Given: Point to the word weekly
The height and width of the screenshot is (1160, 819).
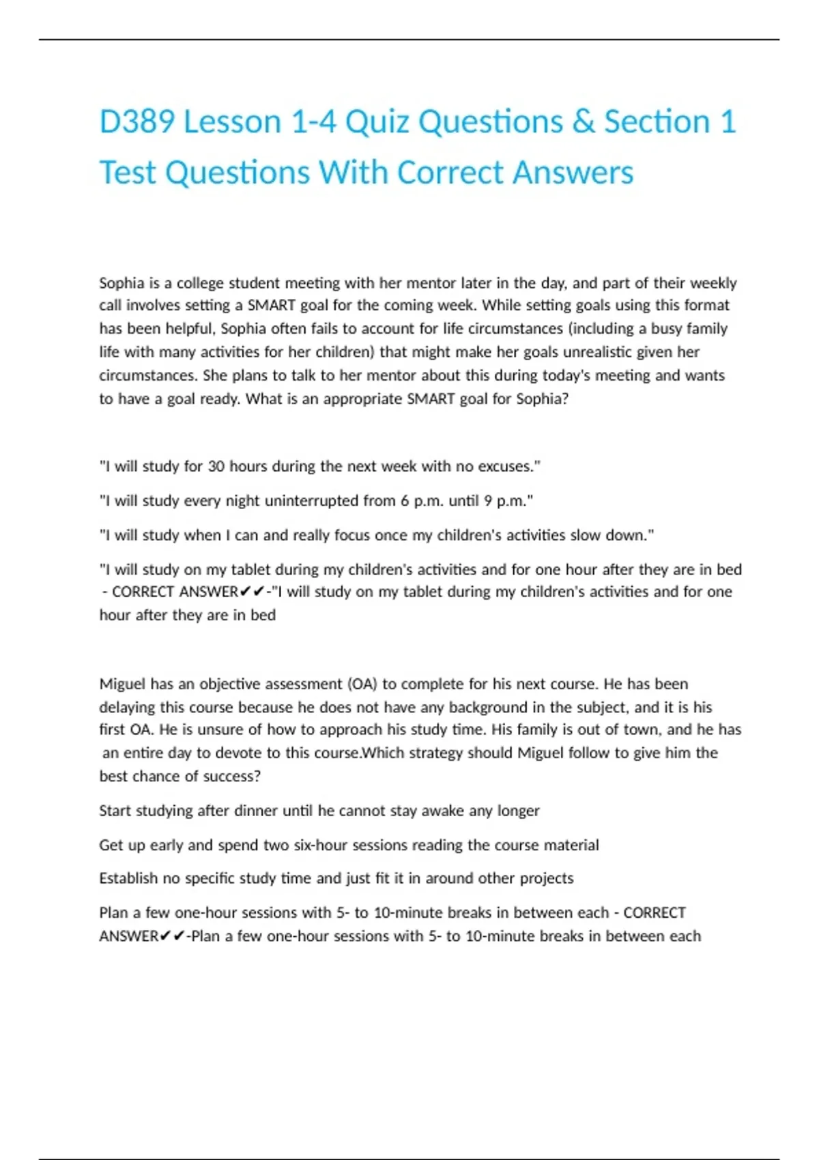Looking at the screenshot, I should [713, 282].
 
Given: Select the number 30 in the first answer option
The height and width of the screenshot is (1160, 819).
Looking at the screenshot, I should [216, 467].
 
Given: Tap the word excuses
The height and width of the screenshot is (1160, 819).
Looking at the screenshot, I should [506, 467].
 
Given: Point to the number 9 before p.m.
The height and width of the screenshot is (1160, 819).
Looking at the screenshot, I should [488, 501].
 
